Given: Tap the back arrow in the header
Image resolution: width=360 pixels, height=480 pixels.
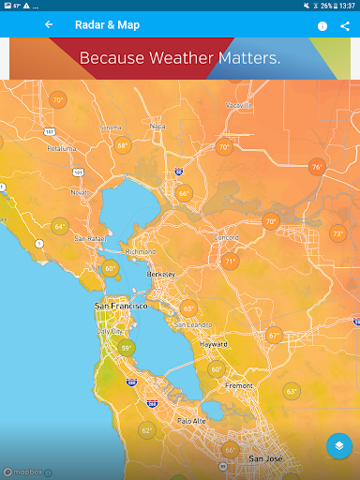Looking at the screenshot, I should pyautogui.click(x=49, y=25).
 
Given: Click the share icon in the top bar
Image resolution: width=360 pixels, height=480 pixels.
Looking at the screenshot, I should pyautogui.click(x=345, y=26).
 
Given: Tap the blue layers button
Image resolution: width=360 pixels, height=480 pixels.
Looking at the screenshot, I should pyautogui.click(x=338, y=446).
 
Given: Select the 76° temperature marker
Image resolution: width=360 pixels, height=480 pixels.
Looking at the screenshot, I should pyautogui.click(x=317, y=166).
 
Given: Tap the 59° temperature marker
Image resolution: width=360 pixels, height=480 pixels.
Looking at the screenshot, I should pyautogui.click(x=126, y=348).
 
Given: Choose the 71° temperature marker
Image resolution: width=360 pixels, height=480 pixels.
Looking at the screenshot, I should pyautogui.click(x=230, y=262).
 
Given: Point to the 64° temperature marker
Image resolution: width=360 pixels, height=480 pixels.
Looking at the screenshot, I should pyautogui.click(x=60, y=226).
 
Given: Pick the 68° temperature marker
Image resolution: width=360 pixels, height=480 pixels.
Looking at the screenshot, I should pyautogui.click(x=123, y=145).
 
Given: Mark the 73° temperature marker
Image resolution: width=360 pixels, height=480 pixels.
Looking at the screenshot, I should pyautogui.click(x=337, y=233).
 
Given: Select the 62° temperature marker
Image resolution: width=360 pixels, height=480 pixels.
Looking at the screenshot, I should pyautogui.click(x=146, y=430).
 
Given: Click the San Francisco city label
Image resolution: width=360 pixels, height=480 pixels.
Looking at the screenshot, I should pyautogui.click(x=121, y=307).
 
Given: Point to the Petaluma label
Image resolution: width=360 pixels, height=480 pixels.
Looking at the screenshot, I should pyautogui.click(x=61, y=148).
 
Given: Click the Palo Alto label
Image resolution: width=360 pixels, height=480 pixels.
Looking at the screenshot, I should pyautogui.click(x=191, y=421).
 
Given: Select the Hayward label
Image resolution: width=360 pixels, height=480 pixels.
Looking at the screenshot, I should pyautogui.click(x=214, y=344).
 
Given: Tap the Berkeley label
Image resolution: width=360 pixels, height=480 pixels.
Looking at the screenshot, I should pyautogui.click(x=161, y=273).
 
